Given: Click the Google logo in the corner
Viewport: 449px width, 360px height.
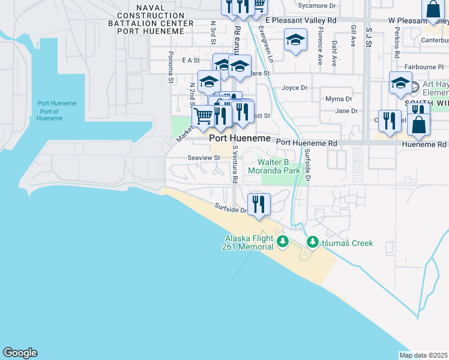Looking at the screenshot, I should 20,353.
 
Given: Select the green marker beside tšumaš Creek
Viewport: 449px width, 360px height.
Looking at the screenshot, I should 312,242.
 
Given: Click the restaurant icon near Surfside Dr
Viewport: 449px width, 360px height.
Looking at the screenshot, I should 259,204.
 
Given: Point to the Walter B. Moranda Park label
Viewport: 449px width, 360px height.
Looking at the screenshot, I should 279,167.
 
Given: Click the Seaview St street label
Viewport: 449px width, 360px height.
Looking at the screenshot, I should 205,158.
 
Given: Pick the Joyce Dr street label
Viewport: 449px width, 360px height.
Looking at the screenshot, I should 294,88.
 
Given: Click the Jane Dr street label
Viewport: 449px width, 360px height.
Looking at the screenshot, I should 346,111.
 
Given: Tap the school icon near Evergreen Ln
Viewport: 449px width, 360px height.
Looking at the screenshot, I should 295,41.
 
